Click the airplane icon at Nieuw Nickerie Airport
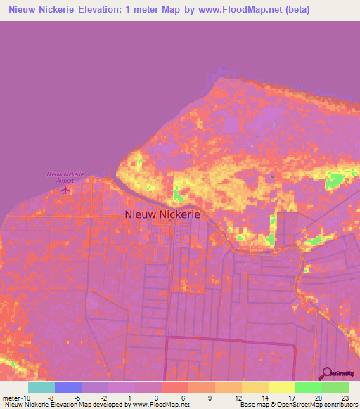[x=66, y=189]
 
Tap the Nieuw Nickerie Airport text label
[x=65, y=176]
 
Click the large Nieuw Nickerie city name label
[x=162, y=214]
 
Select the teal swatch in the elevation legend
[x=41, y=387]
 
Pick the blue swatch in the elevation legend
[x=68, y=387]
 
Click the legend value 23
[x=345, y=397]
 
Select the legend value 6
[x=184, y=397]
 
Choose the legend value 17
[x=291, y=397]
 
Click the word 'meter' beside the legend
[x=10, y=397]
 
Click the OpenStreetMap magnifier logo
[x=326, y=373]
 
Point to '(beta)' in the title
[x=294, y=10]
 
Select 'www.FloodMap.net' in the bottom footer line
[x=159, y=405]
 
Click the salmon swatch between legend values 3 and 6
[x=175, y=387]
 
